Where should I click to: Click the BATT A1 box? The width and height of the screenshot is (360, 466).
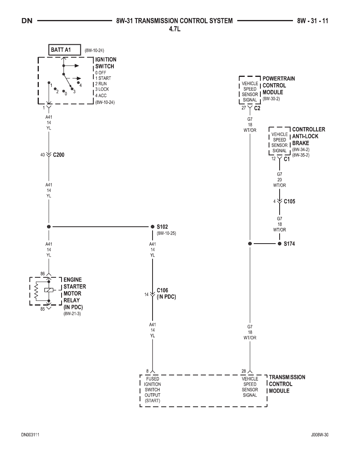pos(64,50)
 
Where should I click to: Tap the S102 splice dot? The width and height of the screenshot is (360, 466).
pos(153,227)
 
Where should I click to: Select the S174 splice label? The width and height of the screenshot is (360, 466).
pos(289,244)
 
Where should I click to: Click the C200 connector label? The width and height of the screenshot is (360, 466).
pos(58,155)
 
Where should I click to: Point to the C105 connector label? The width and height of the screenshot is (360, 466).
pos(289,202)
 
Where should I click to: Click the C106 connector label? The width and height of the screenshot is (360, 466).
pos(162,290)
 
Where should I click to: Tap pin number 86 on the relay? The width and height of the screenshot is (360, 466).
pos(43,274)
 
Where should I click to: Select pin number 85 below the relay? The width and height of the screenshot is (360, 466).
pos(43,309)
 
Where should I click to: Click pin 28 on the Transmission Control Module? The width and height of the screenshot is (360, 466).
pos(244,371)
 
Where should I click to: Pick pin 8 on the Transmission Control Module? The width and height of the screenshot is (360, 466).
pos(147,371)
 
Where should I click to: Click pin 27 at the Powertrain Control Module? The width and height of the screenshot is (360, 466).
pos(244,108)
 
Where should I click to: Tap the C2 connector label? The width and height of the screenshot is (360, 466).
pos(257,109)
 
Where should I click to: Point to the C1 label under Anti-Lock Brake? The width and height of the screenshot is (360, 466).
pos(287,159)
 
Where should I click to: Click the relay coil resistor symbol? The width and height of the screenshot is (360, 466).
pos(36,290)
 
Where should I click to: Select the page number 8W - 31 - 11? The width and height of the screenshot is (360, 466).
pos(313,21)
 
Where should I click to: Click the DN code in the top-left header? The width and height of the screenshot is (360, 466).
pos(27,21)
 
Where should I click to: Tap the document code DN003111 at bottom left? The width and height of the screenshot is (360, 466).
pos(30,435)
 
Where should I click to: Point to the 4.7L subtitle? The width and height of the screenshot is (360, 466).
pos(175,29)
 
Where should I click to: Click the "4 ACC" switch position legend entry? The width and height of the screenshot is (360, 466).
pos(101,96)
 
